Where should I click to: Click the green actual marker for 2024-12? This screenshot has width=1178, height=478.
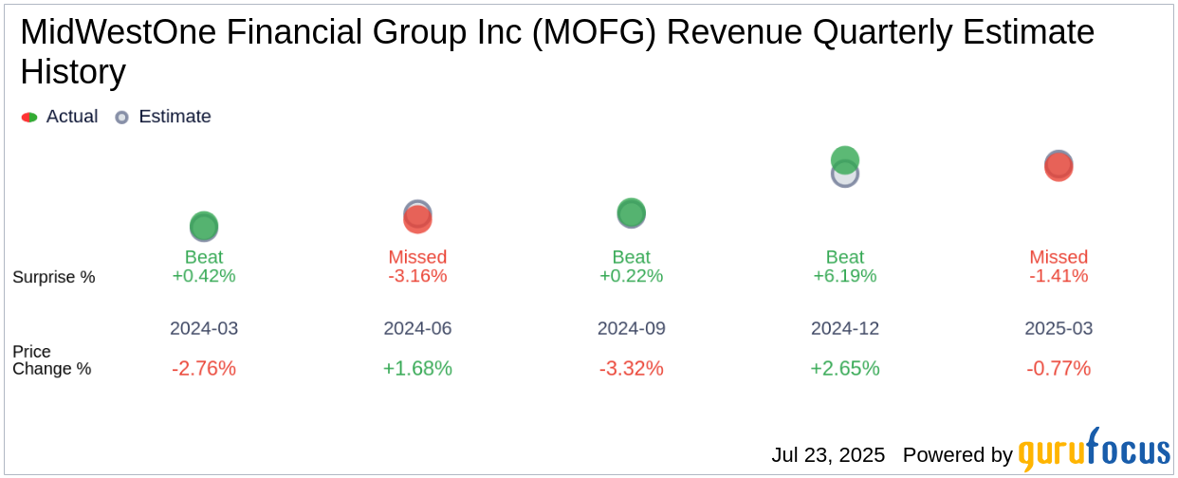(845, 159)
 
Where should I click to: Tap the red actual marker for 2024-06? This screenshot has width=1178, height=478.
(417, 219)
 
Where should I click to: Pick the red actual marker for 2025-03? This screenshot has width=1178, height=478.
(1058, 167)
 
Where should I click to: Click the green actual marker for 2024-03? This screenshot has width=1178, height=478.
(204, 226)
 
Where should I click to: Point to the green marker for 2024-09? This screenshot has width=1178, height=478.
(631, 212)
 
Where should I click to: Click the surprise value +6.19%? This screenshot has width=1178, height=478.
(845, 276)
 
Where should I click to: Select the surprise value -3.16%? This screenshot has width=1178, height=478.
(417, 276)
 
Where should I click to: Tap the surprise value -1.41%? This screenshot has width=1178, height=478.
(1058, 276)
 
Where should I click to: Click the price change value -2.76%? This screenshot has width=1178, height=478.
(204, 368)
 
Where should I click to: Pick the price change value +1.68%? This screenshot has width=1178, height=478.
(417, 368)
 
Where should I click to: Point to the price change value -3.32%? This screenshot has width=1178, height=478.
(631, 368)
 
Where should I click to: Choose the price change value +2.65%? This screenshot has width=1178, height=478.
(845, 368)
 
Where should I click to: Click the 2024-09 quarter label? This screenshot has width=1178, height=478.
(631, 328)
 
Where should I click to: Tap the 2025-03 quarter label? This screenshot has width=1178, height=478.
(1058, 328)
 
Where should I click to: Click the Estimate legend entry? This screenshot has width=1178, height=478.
(163, 117)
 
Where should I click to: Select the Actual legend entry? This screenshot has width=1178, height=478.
(61, 117)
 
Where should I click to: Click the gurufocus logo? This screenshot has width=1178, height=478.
(1094, 451)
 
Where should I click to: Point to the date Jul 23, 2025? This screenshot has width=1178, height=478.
(828, 455)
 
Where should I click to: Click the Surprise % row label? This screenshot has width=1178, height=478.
(54, 277)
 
